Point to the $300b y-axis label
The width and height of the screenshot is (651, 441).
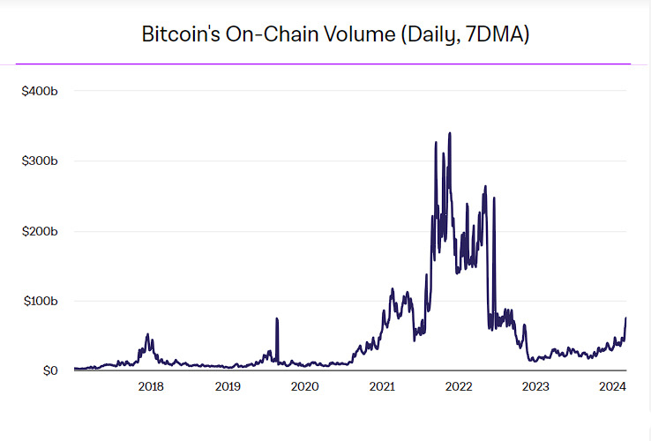point(40,161)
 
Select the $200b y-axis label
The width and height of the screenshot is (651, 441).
point(40,231)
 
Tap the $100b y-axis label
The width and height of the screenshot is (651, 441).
point(40,301)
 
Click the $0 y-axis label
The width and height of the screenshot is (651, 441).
point(50,370)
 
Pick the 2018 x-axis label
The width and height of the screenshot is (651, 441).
point(151,386)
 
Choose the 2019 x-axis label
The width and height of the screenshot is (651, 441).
point(228,386)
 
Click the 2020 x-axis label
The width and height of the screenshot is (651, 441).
point(304,386)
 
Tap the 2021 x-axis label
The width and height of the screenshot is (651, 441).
point(381,386)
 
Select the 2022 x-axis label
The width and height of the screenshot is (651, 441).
point(458,386)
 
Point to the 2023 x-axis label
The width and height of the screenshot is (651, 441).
point(535,386)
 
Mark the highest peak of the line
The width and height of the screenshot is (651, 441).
point(450,133)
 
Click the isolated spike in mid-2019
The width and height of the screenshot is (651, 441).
point(277,318)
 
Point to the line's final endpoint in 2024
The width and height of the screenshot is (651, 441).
point(626,318)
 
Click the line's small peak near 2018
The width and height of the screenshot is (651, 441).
point(147,334)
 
